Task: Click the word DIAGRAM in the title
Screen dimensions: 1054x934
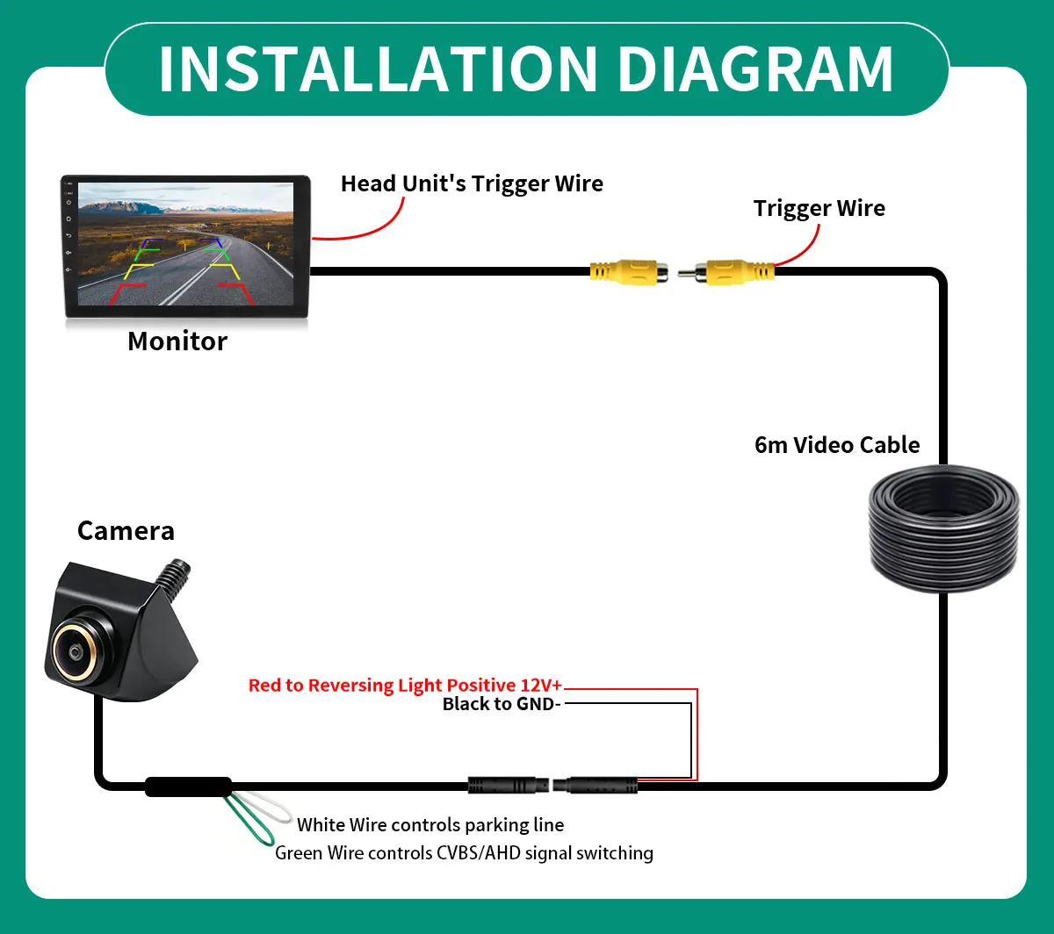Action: coord(755,68)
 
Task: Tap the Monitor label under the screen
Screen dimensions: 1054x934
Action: coord(177,341)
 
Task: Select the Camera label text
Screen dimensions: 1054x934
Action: coord(126,530)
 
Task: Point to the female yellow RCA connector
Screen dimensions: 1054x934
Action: coord(629,272)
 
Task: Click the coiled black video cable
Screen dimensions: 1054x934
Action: coord(943,528)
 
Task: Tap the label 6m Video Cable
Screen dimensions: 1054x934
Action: coord(837,445)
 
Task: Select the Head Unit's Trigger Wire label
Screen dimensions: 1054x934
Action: coord(472,183)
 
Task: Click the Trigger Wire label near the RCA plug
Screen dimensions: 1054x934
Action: coord(819,208)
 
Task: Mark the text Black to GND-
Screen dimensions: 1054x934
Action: coord(502,704)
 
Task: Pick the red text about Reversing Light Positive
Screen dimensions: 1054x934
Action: coord(405,685)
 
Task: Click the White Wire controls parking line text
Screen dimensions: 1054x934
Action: coord(430,825)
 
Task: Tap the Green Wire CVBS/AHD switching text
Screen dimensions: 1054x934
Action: coord(464,853)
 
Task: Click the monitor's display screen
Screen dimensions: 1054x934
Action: coord(185,243)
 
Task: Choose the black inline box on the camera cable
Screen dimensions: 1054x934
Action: coord(188,787)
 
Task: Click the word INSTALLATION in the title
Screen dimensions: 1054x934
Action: coord(379,68)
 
